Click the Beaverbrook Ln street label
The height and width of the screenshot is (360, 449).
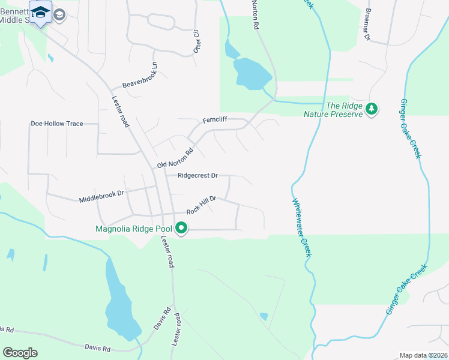(139, 77)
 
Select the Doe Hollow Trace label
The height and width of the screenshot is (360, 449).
(57, 124)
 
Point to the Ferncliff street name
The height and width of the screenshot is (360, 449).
(214, 120)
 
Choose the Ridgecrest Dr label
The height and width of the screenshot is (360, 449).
(196, 176)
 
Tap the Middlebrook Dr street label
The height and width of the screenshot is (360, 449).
(101, 196)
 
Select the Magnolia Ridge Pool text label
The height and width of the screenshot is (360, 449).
(133, 229)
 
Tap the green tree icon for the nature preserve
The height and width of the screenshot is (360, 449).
(373, 109)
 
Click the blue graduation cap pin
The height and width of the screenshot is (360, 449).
(40, 13)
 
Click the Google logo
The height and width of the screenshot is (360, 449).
(20, 353)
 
